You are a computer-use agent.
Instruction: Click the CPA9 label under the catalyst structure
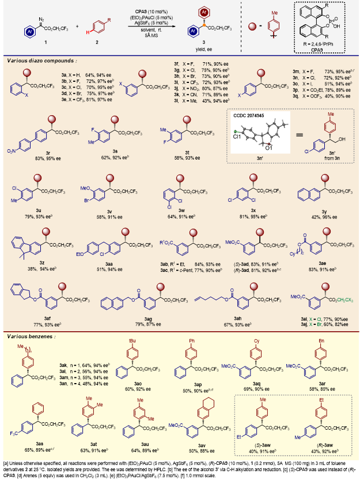tap(314, 50)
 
